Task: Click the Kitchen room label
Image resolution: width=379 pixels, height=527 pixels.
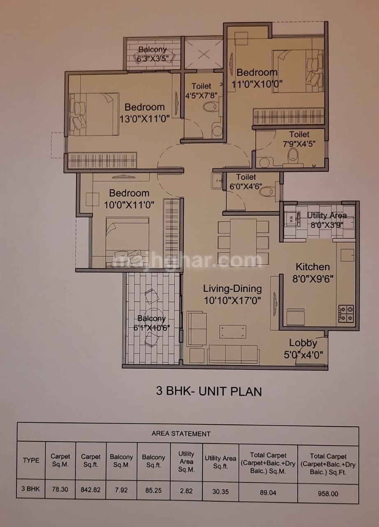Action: tap(313, 267)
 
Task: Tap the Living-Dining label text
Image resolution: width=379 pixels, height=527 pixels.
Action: tap(232, 289)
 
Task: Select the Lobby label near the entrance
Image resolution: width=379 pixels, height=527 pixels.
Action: tap(303, 343)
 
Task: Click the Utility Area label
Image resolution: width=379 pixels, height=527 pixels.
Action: tap(327, 215)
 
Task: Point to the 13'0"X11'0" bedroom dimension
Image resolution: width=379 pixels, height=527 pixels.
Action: tap(144, 119)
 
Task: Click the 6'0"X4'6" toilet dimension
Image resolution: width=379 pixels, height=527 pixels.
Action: tap(246, 187)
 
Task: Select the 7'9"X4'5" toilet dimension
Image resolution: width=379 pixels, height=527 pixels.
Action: tap(299, 144)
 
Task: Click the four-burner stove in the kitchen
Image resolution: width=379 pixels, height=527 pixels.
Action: tap(346, 314)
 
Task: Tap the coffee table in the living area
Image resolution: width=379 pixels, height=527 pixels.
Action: tap(233, 332)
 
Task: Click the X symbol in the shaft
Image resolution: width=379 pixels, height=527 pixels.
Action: tap(204, 55)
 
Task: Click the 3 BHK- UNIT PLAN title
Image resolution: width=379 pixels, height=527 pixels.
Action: tap(209, 392)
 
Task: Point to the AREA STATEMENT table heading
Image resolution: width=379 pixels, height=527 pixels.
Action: tap(181, 434)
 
